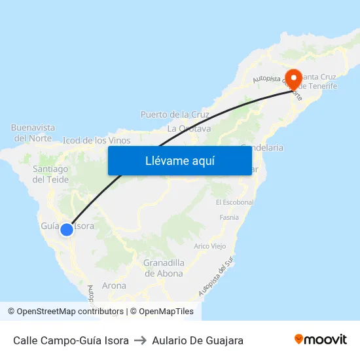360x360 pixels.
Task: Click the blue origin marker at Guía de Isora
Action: click(66, 230)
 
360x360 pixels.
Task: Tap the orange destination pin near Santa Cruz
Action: click(292, 80)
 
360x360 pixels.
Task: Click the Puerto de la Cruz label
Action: click(175, 115)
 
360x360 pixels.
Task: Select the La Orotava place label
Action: click(189, 128)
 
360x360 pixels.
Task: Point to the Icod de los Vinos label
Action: click(96, 140)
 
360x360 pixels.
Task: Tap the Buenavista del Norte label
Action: click(33, 132)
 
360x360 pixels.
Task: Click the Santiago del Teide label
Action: click(50, 174)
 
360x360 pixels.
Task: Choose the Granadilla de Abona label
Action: click(164, 268)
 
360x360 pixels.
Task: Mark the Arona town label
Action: click(114, 285)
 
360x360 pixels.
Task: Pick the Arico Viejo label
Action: click(209, 247)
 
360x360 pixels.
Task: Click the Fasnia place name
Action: click(229, 217)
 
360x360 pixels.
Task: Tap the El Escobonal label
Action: click(234, 202)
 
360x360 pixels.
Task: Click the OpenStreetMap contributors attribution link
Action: click(70, 312)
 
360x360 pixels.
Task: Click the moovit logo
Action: click(321, 340)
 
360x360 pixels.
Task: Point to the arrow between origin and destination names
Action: click(140, 340)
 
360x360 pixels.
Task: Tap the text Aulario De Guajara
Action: click(198, 340)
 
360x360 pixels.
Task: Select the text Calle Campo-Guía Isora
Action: click(71, 340)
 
